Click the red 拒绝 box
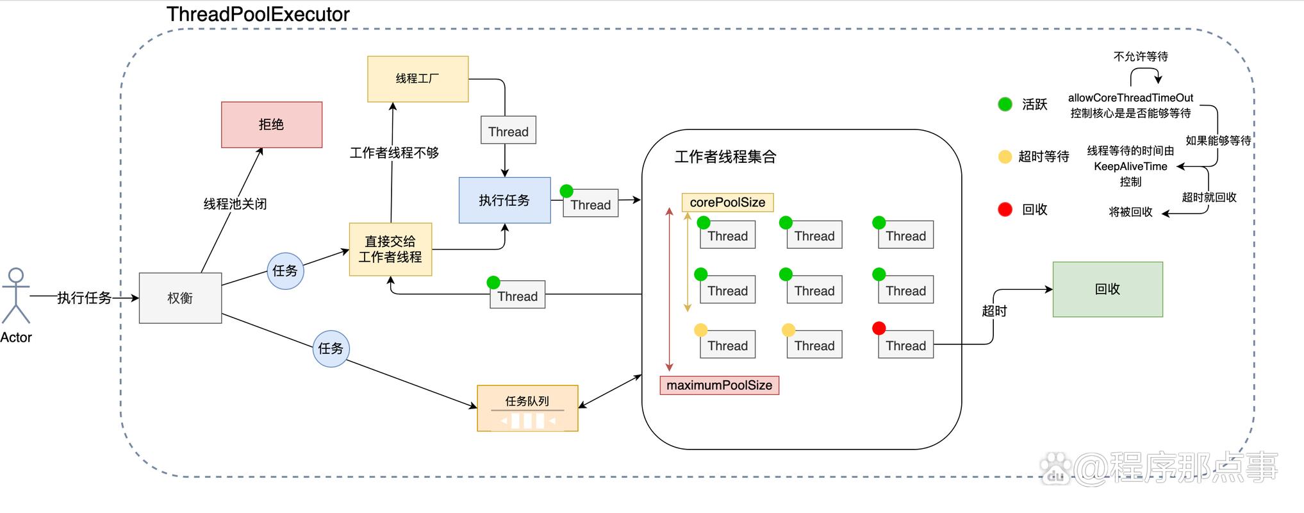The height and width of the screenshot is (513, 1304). pos(272,124)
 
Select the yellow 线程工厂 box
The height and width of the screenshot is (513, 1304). pos(418,79)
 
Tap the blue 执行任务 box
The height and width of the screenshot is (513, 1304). pos(504,200)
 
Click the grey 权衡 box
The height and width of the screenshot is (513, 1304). pos(180,298)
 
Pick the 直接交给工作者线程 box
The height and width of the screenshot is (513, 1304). pos(390,249)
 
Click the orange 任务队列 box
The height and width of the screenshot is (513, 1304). pos(527,408)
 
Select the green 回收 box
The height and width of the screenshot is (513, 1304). pos(1107,289)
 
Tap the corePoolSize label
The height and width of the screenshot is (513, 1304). pos(727,203)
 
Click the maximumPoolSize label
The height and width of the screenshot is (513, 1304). pos(719,385)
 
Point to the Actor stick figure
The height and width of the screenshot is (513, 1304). pos(15,296)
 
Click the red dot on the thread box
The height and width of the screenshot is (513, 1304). pos(879,328)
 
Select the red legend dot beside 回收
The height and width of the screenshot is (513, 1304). pos(1005,209)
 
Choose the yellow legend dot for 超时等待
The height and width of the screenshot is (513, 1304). pos(1005,156)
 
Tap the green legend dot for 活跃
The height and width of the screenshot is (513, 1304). pos(1005,104)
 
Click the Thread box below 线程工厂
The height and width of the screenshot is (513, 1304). pos(508,131)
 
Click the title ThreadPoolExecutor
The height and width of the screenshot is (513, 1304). pos(258,14)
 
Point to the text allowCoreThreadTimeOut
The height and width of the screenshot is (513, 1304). pos(1130,98)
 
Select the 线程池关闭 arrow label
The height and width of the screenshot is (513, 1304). pos(235,204)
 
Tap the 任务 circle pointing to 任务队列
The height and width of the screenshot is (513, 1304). pos(331,348)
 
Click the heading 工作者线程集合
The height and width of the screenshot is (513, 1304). pos(725,157)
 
